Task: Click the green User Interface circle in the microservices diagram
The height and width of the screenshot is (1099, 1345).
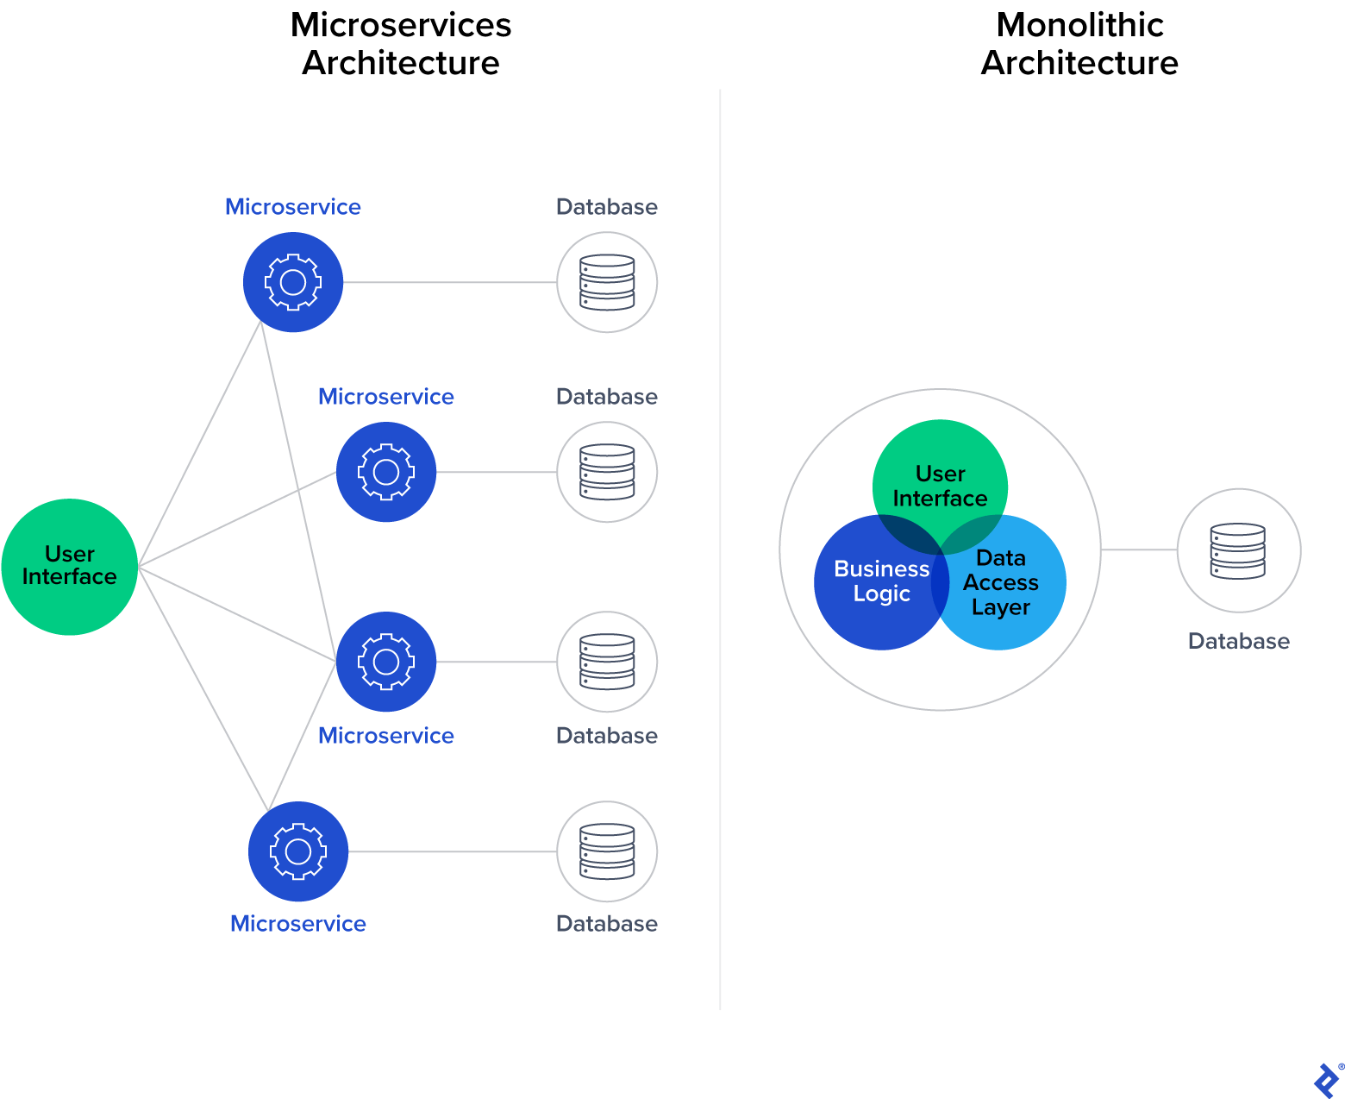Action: [x=69, y=567]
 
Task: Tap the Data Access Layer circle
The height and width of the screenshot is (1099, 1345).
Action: [x=1013, y=595]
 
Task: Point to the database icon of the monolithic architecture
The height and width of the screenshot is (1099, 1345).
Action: [x=1238, y=550]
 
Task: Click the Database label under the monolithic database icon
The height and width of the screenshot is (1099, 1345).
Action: [x=1238, y=641]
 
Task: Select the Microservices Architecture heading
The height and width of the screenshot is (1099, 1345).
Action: [x=401, y=44]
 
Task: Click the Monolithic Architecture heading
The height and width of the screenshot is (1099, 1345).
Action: [x=1079, y=44]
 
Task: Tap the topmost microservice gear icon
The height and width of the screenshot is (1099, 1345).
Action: [x=293, y=282]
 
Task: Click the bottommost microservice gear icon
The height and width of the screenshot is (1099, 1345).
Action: [x=298, y=851]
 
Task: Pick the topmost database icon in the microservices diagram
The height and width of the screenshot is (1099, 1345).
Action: [x=607, y=282]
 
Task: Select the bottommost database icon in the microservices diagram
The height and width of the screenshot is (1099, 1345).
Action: [x=607, y=851]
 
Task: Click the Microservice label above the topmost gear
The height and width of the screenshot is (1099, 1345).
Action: [x=293, y=207]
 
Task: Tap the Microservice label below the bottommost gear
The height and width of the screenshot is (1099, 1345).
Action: [x=298, y=924]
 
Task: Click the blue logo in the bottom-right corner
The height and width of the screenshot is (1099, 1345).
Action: [x=1326, y=1080]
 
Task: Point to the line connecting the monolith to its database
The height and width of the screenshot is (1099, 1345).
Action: [x=1139, y=549]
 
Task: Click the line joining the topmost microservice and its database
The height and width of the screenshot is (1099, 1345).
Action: [x=448, y=282]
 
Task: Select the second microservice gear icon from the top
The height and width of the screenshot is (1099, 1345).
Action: [x=386, y=472]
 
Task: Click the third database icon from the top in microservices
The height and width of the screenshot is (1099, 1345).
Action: [x=607, y=662]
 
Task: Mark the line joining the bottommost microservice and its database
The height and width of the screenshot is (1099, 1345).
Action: [x=453, y=851]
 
